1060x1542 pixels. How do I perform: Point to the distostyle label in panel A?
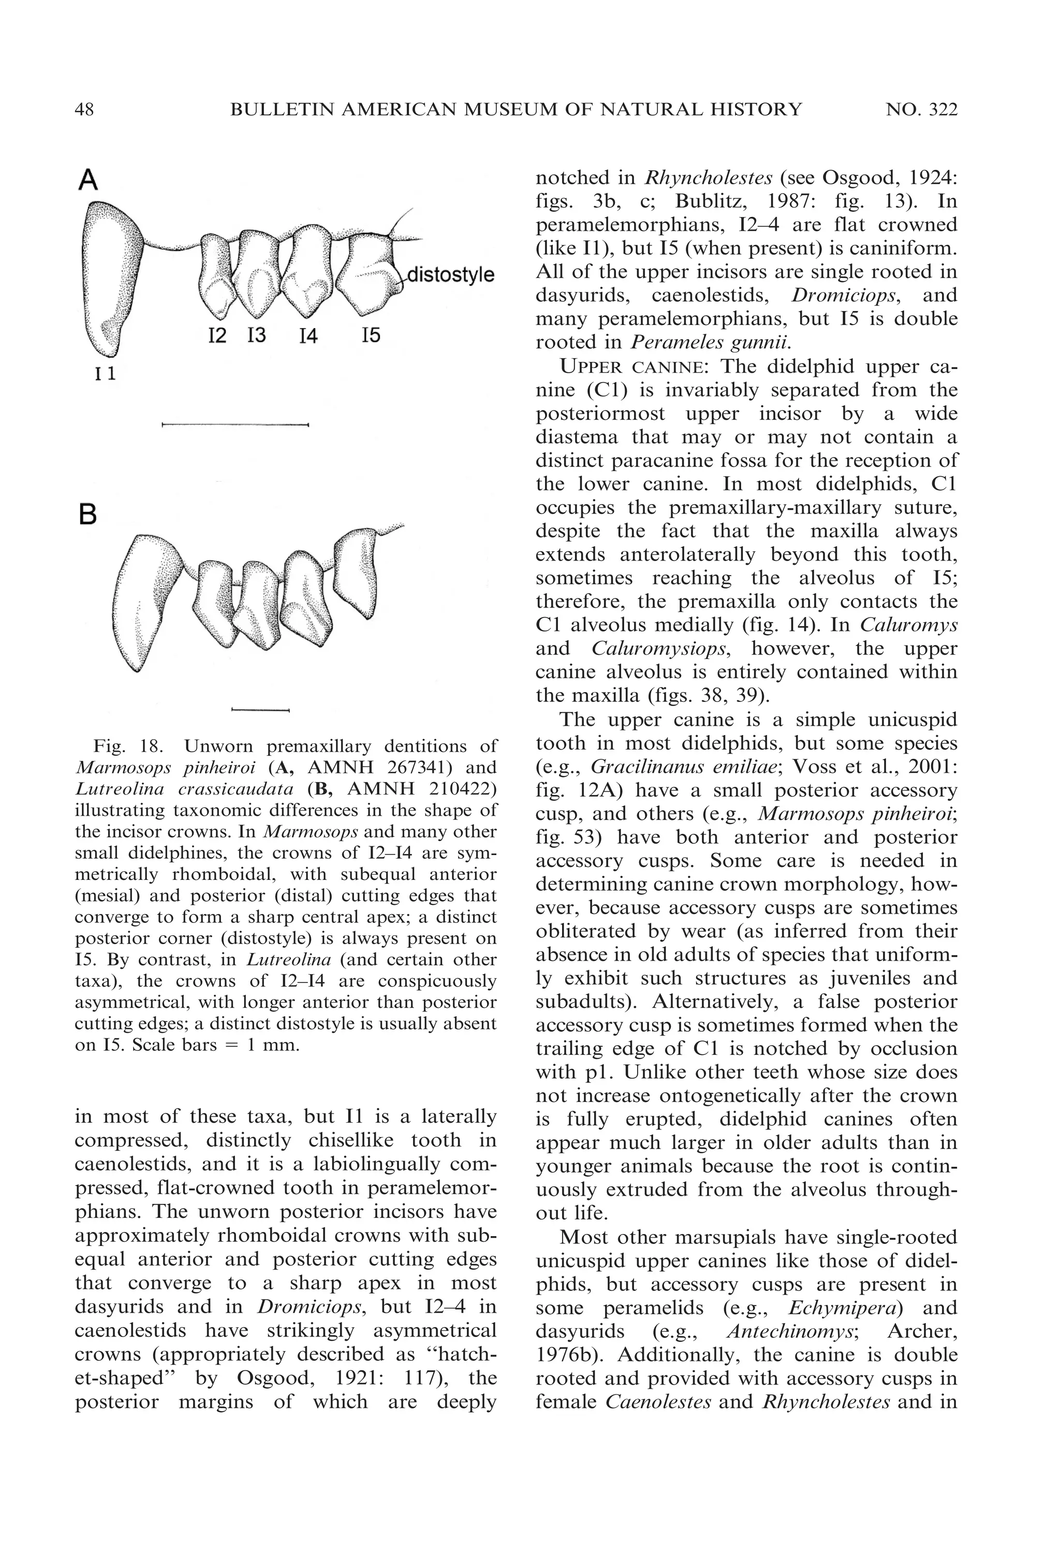click(x=450, y=275)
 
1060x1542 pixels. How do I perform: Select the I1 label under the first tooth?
click(x=105, y=374)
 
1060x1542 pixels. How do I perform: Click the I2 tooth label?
click(x=217, y=336)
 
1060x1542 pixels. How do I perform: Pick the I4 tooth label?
click(x=307, y=336)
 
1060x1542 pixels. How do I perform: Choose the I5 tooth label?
click(x=371, y=335)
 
